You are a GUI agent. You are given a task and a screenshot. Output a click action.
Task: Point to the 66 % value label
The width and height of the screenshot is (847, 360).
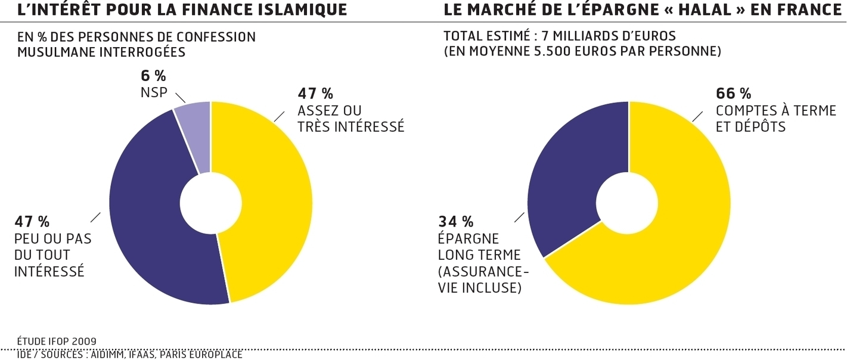tap(733, 94)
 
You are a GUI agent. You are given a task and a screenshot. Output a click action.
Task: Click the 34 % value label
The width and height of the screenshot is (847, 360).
tap(456, 222)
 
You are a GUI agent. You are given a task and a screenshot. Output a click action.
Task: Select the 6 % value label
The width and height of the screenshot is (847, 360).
tap(153, 76)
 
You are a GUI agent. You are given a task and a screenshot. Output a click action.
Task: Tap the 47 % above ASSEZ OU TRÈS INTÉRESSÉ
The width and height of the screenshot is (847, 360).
tap(315, 94)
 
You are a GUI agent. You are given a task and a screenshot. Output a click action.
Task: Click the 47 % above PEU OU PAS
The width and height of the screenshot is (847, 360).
tap(32, 222)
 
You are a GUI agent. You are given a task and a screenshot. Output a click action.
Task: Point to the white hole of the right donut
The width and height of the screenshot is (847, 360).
tap(629, 203)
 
